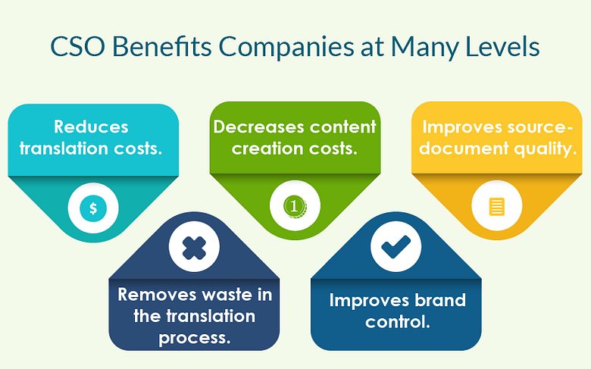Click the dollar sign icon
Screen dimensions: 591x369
93,208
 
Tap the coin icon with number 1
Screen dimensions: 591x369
295,206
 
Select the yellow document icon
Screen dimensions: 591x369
497,207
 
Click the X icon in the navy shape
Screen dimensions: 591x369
194,248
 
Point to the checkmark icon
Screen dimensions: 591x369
396,247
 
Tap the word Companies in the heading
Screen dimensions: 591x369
286,48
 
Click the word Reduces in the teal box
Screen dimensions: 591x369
91,127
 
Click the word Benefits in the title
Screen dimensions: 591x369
161,47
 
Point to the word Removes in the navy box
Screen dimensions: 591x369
157,295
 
